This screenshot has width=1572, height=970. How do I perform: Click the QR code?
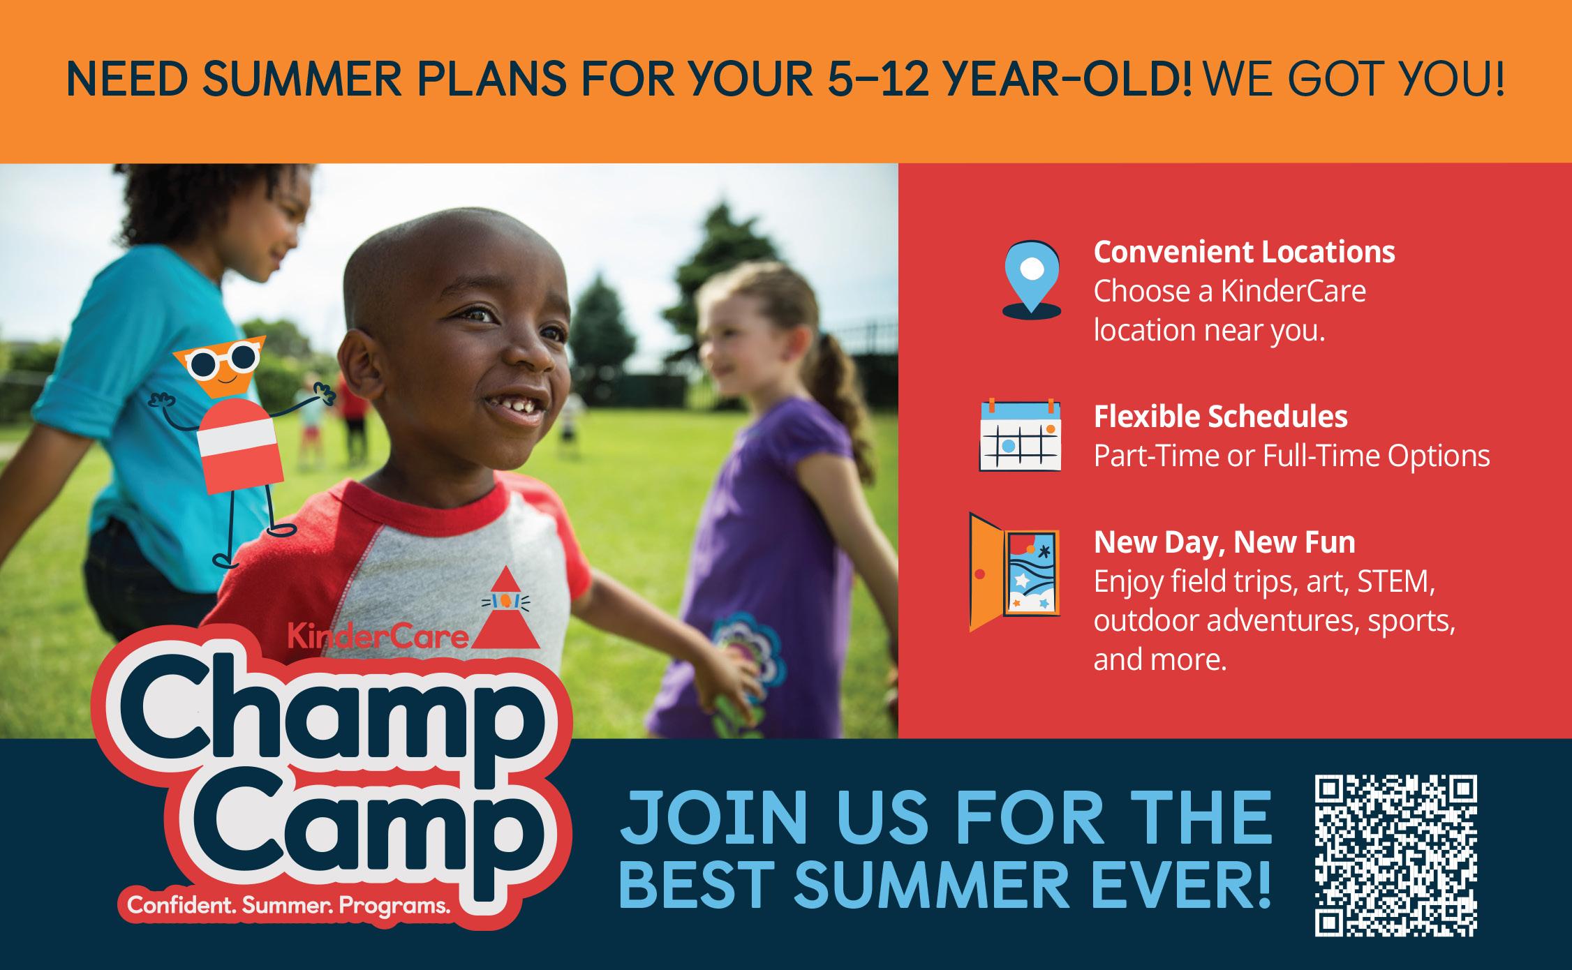coord(1396,856)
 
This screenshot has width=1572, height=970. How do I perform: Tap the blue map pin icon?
coord(1032,280)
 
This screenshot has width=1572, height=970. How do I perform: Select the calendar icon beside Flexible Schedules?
coord(1021,435)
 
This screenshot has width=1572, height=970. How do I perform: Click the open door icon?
coord(1015,572)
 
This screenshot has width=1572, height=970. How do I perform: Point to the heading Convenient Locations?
coord(1244,252)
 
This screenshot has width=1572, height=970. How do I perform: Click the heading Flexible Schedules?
coord(1220,417)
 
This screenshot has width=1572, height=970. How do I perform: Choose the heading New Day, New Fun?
coord(1224,542)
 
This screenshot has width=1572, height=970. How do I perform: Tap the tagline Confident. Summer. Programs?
coord(288,906)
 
